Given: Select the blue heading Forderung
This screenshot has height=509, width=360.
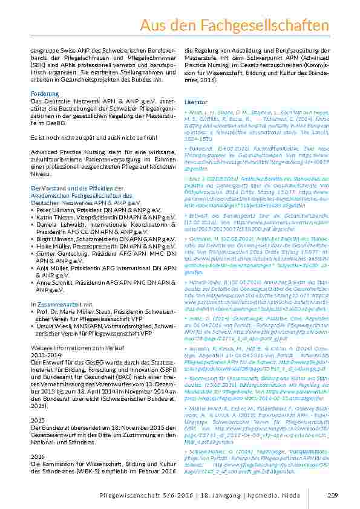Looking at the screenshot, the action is tap(45, 94).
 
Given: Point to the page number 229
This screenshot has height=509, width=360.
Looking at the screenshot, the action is tap(332, 496).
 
